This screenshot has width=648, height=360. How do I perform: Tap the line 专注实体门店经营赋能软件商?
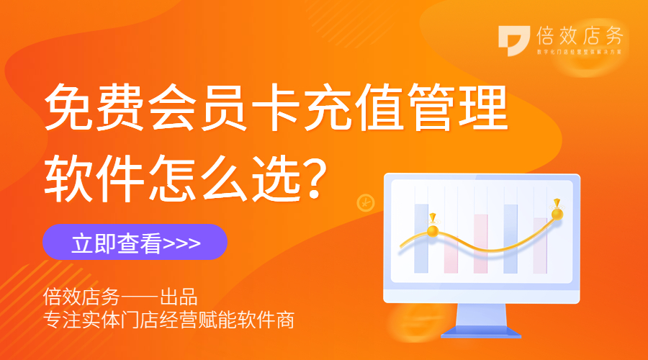[x=169, y=320]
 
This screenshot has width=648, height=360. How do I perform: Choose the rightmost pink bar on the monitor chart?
[x=540, y=245]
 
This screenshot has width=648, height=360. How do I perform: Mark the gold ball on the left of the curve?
[x=433, y=230]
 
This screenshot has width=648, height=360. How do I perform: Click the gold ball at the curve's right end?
[x=557, y=213]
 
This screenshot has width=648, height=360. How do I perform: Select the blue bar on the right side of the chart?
[x=510, y=238]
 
